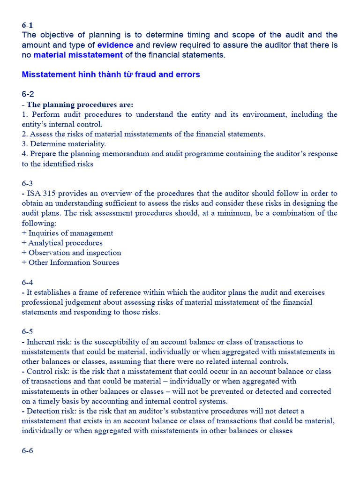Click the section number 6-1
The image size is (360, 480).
pyautogui.click(x=27, y=25)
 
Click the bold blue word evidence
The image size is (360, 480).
pyautogui.click(x=115, y=45)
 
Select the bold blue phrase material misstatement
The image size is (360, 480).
pyautogui.click(x=78, y=55)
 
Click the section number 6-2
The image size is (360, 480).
pyautogui.click(x=28, y=94)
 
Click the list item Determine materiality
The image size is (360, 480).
pyautogui.click(x=67, y=144)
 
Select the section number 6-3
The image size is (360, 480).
pyautogui.click(x=28, y=183)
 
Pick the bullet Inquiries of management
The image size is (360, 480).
pyautogui.click(x=71, y=233)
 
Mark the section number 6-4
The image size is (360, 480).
pyautogui.click(x=28, y=282)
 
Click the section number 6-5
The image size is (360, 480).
pyautogui.click(x=28, y=332)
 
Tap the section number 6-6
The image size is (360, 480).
pyautogui.click(x=28, y=450)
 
